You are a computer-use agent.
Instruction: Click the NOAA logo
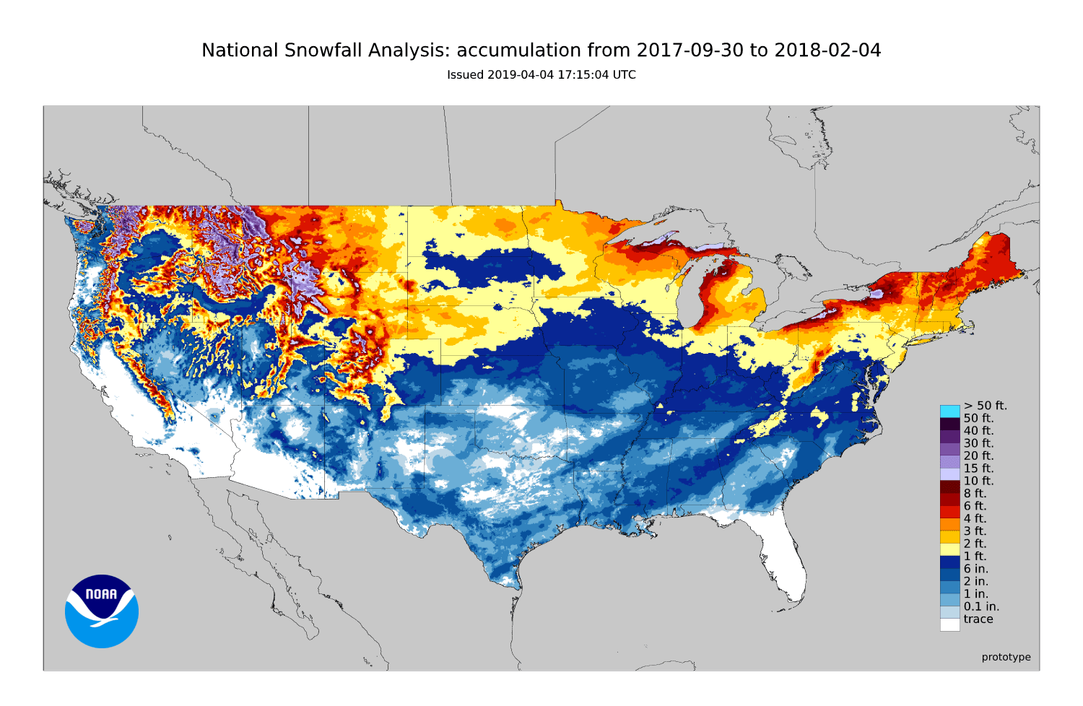click(102, 611)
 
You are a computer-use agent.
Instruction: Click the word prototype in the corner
click(1006, 657)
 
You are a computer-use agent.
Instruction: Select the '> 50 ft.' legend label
click(985, 406)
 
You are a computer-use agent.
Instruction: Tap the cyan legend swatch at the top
click(949, 411)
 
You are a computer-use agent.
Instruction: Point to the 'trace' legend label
click(978, 619)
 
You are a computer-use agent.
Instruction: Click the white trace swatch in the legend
click(949, 624)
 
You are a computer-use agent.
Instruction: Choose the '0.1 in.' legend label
click(981, 606)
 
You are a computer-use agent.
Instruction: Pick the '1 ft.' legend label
click(975, 557)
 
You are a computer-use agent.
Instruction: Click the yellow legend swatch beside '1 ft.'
click(949, 549)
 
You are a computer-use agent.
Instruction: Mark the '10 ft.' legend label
click(978, 481)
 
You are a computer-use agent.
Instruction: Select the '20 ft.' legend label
click(978, 456)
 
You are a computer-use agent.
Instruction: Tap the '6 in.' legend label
click(975, 569)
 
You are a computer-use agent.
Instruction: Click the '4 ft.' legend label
click(975, 518)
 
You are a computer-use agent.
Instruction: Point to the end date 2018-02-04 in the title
click(827, 51)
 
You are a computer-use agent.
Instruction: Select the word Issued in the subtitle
click(466, 75)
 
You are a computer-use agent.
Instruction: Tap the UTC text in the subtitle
click(624, 75)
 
